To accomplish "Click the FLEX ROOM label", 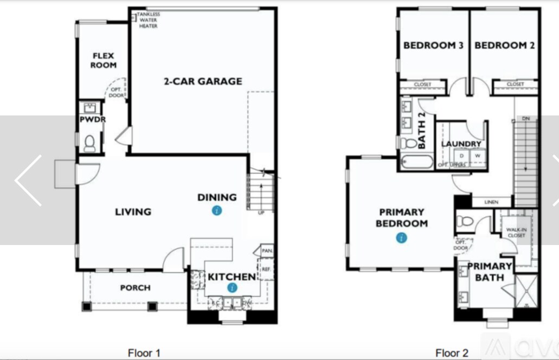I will [x=103, y=60].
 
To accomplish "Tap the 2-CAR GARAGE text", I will [x=203, y=81].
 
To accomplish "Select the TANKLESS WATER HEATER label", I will [x=148, y=20].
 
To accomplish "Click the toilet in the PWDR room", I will [x=89, y=143].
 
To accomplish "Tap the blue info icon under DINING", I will [x=217, y=211].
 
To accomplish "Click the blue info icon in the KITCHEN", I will [x=232, y=287].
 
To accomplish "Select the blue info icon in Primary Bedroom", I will [x=401, y=237].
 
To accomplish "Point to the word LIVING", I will [x=133, y=211].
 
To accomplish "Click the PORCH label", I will [x=135, y=287].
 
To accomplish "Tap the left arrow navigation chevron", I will [x=28, y=180].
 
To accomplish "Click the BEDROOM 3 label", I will [x=433, y=46].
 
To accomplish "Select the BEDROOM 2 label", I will [x=504, y=46].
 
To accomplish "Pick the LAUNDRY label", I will [x=461, y=144].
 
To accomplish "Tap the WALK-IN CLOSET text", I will [x=516, y=233].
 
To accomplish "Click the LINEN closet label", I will [x=491, y=202].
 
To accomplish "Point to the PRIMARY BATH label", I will [x=489, y=272].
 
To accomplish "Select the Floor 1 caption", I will [x=144, y=353].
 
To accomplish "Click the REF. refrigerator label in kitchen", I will [x=266, y=268].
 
